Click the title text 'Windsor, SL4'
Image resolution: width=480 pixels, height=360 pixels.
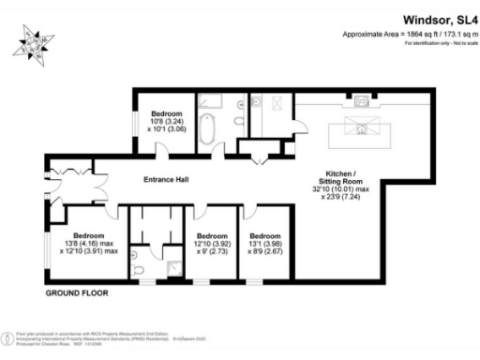click(x=437, y=18)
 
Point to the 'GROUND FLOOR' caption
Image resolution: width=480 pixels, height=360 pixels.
click(x=76, y=293)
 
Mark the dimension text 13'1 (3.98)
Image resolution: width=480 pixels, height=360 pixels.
click(x=264, y=244)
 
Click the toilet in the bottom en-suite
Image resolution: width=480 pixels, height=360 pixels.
click(x=140, y=269)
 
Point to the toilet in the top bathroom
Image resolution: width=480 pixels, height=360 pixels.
click(x=255, y=103)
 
